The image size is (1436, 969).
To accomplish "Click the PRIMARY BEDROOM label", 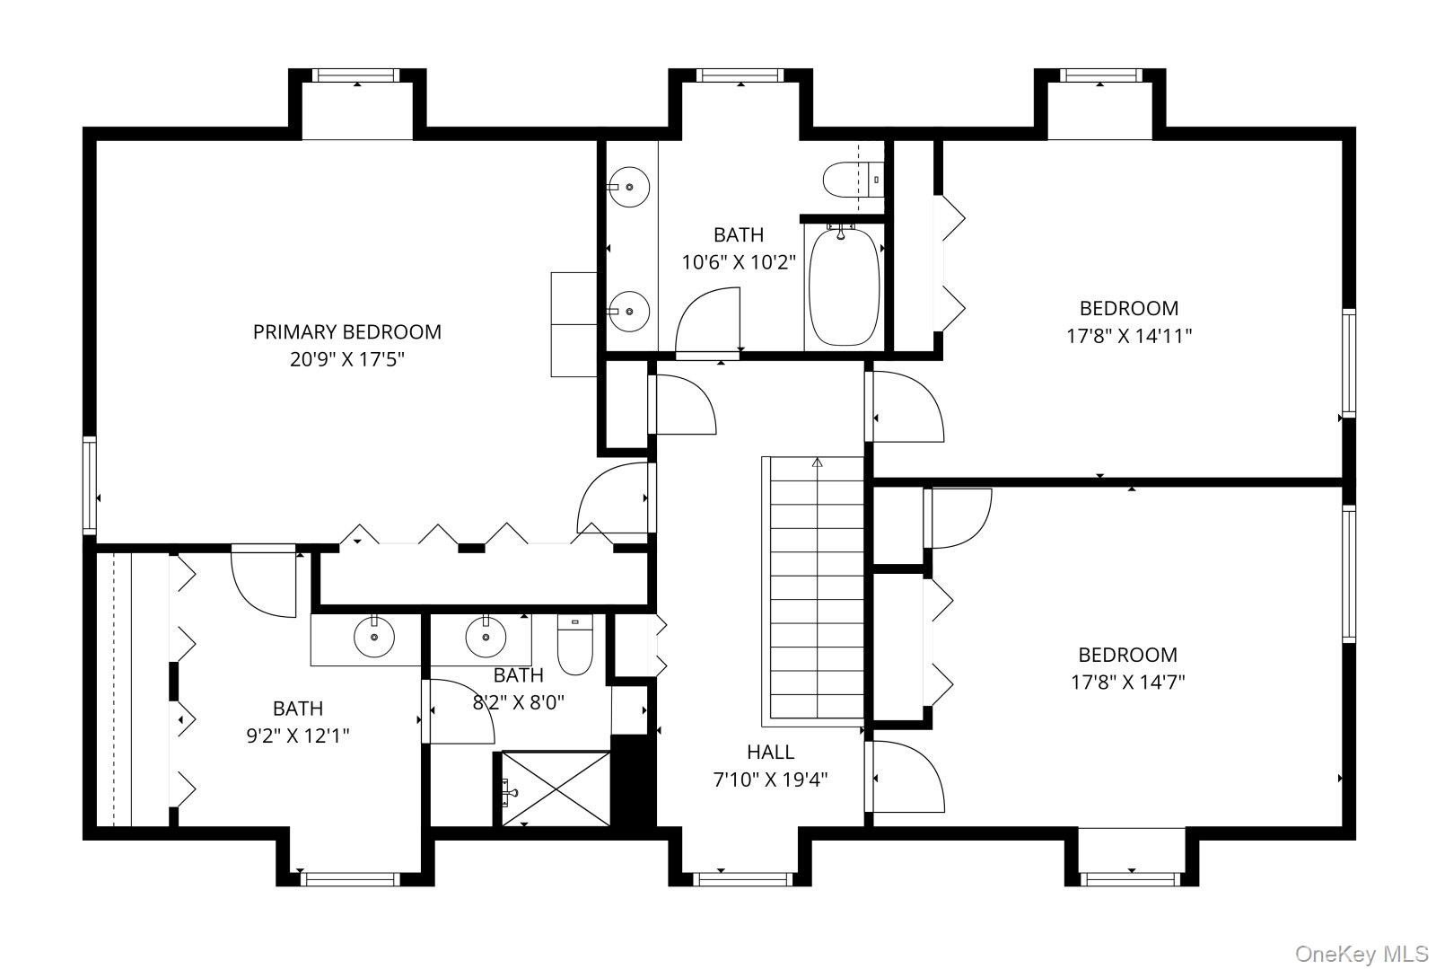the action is tap(346, 332).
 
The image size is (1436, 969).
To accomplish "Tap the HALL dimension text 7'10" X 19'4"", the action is tap(770, 780).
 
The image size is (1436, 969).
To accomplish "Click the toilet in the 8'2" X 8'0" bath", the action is tap(574, 645).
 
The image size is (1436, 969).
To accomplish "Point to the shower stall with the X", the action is tap(556, 788).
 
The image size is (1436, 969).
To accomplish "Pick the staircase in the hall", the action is tap(813, 591).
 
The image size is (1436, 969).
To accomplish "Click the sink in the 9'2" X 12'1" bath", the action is tap(373, 637).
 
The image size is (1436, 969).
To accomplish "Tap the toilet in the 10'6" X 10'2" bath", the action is tap(854, 181).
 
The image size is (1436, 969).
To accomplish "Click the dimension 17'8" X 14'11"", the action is tap(1129, 336).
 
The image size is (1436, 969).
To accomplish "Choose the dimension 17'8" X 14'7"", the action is tap(1127, 682).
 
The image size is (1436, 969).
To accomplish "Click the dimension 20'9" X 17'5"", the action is tap(346, 360).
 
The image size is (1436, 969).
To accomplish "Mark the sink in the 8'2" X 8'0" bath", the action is tap(486, 637).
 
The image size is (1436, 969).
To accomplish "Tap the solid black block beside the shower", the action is tap(633, 781).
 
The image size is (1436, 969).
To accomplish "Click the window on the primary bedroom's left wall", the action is tap(90, 486).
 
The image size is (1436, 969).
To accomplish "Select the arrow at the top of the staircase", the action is tap(817, 462).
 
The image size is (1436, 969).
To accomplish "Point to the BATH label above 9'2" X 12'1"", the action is tap(298, 709).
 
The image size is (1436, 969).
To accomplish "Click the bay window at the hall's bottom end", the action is tap(743, 878).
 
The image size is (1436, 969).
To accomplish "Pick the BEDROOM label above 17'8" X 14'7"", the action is tap(1127, 655).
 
